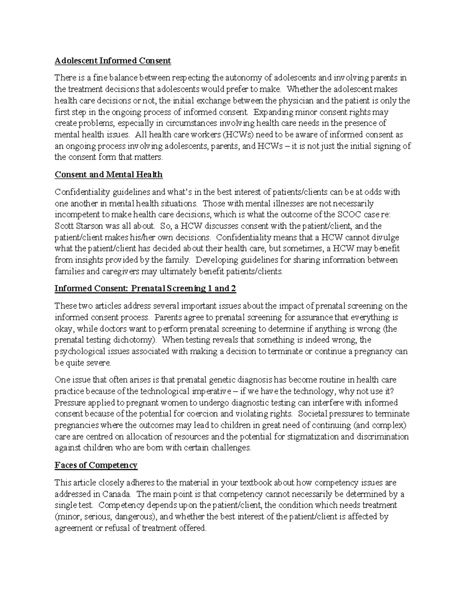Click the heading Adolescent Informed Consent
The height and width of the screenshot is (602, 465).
pyautogui.click(x=113, y=61)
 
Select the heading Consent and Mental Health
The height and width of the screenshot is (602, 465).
pyautogui.click(x=108, y=175)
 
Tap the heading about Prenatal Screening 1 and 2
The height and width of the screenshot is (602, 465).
pyautogui.click(x=145, y=289)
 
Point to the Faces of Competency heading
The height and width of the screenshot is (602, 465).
pyautogui.click(x=96, y=465)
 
